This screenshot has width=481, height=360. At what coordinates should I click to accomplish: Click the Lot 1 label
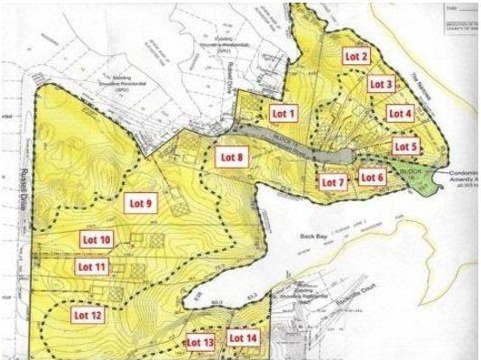point(284,114)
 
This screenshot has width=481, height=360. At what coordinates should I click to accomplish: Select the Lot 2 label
point(356,56)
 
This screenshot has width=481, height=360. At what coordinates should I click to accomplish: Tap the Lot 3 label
point(381,84)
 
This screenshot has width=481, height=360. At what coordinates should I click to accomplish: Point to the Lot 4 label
point(400,113)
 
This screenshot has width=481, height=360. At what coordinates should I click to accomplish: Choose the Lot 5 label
point(406,146)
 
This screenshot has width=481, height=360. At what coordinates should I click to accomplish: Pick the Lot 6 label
point(372,177)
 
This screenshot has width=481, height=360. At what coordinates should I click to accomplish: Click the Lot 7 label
point(333,182)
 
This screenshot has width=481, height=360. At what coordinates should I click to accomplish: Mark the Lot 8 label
point(232,156)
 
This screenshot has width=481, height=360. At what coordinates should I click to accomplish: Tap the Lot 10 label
point(97,240)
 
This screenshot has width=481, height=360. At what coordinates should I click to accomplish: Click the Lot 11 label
point(92,267)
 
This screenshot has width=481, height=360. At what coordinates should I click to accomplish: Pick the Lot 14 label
point(243,338)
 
